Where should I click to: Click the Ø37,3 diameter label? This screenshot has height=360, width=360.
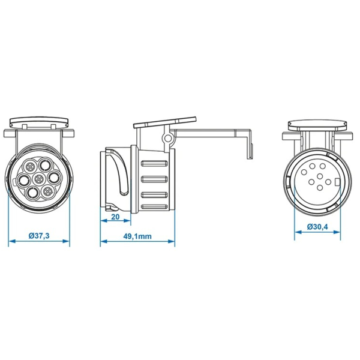[39, 236]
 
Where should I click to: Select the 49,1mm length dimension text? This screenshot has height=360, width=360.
[137, 236]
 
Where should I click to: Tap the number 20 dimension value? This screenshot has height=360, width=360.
[115, 217]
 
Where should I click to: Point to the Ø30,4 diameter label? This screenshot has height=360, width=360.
[317, 227]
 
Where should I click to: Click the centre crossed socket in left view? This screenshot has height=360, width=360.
[38, 178]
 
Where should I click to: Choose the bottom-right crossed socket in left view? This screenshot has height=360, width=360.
[47, 191]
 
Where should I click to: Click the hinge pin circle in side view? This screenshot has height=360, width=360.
[167, 139]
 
